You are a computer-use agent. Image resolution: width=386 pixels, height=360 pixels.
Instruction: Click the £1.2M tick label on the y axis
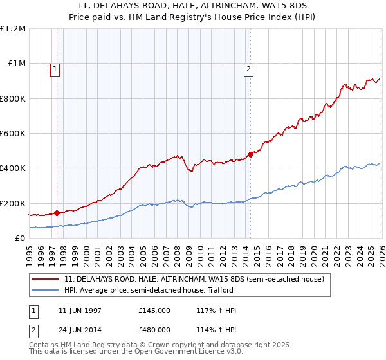pyautogui.click(x=13, y=29)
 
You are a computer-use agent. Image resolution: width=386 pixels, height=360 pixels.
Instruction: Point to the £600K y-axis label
pyautogui.click(x=13, y=134)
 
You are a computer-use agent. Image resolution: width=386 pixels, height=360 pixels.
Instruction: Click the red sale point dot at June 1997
pyautogui.click(x=57, y=213)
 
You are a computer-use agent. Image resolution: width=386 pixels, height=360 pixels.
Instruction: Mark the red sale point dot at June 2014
pyautogui.click(x=250, y=154)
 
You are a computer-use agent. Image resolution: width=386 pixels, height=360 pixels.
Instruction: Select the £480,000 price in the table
pyautogui.click(x=154, y=329)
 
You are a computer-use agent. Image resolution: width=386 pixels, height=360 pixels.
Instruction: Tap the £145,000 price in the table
pyautogui.click(x=154, y=310)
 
